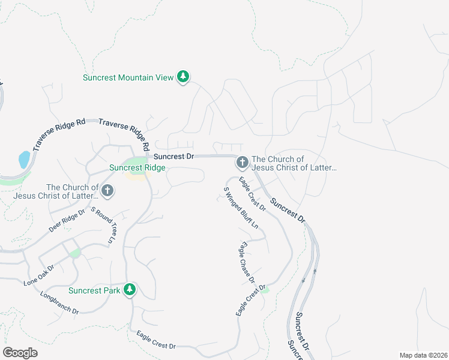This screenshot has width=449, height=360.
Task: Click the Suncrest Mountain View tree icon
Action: [x=183, y=77]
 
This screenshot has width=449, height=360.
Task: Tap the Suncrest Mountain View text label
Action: [x=128, y=77]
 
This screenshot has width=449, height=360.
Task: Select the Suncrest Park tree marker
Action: [x=129, y=290]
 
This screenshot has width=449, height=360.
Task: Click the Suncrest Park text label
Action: [x=94, y=291]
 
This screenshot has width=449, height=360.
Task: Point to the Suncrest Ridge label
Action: [x=137, y=168]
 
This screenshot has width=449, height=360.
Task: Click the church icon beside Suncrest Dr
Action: [x=242, y=163]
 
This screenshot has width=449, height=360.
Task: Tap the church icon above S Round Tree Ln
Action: [x=107, y=191]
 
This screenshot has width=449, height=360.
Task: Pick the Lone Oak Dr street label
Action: [x=39, y=274]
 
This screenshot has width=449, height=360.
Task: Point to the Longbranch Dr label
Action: [x=60, y=302]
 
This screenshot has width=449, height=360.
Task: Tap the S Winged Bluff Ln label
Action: [x=241, y=208]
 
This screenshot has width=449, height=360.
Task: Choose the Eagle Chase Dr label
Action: [x=247, y=262]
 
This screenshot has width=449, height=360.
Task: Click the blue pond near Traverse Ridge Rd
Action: [x=24, y=160]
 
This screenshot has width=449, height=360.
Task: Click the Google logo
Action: [x=20, y=353]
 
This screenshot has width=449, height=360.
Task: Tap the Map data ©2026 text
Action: [x=423, y=355]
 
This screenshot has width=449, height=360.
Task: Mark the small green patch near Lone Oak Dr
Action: [x=75, y=254]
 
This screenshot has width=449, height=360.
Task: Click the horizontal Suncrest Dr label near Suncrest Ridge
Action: [x=173, y=156]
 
